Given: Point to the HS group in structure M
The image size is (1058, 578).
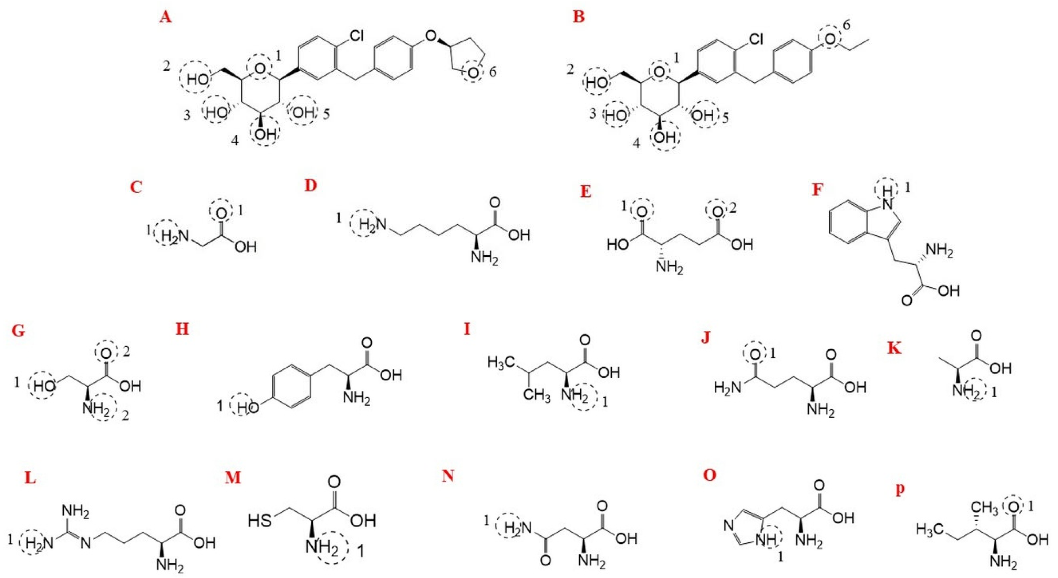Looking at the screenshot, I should [x=260, y=520].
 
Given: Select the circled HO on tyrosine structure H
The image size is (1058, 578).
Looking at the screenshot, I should [x=242, y=407].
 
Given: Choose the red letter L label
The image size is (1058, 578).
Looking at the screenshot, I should [x=30, y=479].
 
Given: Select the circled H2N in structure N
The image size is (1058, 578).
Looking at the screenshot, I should [x=509, y=526].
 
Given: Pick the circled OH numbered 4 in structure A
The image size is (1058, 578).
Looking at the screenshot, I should [x=264, y=133].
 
